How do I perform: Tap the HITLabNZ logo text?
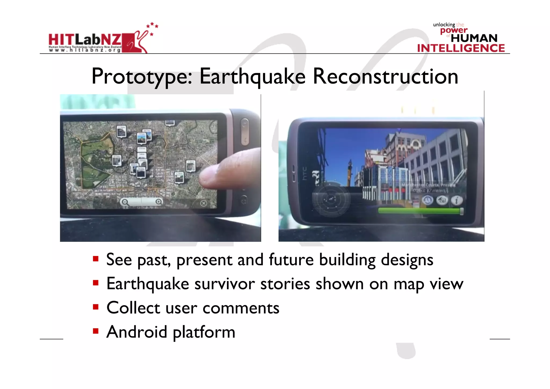85,40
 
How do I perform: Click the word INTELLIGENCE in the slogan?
461,48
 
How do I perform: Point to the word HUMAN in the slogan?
474,38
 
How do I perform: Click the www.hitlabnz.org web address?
85,50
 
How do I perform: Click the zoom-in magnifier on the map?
159,202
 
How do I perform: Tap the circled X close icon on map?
204,203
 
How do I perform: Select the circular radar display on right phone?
331,199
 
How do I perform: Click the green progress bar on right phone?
420,211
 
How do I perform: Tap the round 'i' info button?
456,200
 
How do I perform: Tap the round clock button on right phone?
428,200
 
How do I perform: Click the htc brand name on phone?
304,173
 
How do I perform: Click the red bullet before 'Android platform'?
96,331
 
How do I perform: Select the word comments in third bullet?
241,308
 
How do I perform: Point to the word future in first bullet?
291,260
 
